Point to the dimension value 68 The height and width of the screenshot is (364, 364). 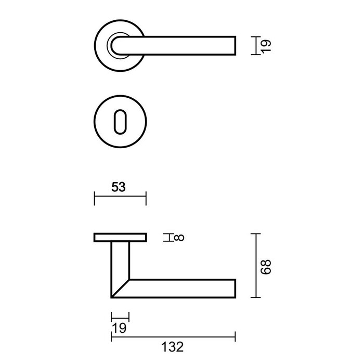tap(267, 265)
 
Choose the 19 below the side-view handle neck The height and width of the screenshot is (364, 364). tap(120, 328)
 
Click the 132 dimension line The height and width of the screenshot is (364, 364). tap(173, 336)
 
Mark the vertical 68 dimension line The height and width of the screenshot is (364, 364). tap(254, 265)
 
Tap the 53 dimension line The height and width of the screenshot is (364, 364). tap(120, 198)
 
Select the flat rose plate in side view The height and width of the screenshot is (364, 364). tap(120, 238)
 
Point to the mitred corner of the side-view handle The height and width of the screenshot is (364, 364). tap(120, 289)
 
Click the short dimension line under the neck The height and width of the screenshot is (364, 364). tap(120, 317)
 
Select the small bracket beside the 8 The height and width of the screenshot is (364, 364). tap(167, 238)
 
